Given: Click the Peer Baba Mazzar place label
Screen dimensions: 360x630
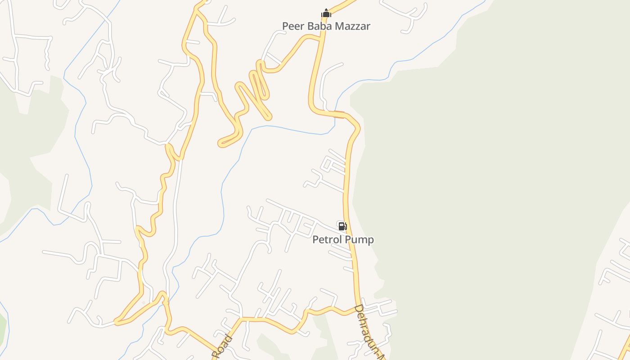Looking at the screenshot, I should tap(326, 26).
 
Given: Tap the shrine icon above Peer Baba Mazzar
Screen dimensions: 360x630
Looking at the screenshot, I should tap(326, 13).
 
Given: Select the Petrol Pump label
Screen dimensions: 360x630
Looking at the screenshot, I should tap(343, 239).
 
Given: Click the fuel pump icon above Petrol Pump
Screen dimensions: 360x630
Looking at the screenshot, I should tap(342, 226).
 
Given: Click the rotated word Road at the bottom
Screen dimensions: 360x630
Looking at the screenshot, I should tap(222, 347).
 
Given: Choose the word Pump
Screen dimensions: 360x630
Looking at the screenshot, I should tap(359, 239).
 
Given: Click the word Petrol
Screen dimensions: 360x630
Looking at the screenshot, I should tap(327, 239).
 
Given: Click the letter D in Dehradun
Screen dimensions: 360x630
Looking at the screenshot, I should tap(359, 310).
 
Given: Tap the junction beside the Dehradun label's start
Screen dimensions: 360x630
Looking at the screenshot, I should tap(358, 308).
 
